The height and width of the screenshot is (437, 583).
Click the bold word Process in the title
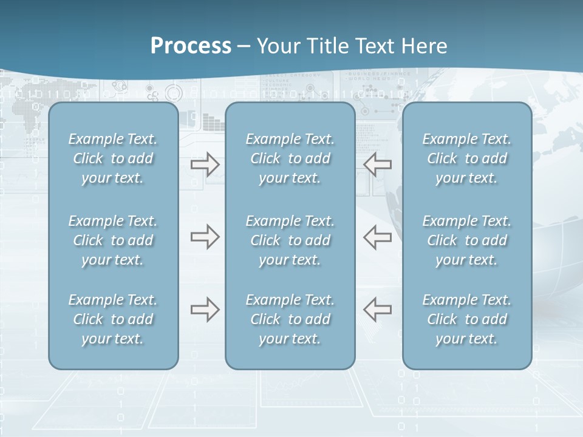[191, 46]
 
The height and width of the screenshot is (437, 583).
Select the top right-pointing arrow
[205, 164]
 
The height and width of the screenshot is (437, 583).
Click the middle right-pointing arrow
[205, 237]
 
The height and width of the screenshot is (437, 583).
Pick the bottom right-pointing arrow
[205, 310]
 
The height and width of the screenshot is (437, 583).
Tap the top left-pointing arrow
[377, 164]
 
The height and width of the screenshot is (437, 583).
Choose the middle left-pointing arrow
[377, 237]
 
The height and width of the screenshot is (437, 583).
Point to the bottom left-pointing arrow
[377, 310]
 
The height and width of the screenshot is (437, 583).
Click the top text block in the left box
[113, 158]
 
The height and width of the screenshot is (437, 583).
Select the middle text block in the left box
[113, 240]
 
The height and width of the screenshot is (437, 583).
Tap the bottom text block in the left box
[113, 319]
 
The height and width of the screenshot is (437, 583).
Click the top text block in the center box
[290, 158]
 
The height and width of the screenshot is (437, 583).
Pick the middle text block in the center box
[290, 240]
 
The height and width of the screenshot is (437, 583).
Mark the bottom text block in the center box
[290, 319]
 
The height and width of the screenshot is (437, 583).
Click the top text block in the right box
[466, 158]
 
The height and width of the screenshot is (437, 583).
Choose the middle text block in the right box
[466, 240]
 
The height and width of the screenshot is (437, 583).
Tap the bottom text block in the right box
[466, 319]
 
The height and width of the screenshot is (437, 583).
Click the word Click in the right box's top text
[442, 158]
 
